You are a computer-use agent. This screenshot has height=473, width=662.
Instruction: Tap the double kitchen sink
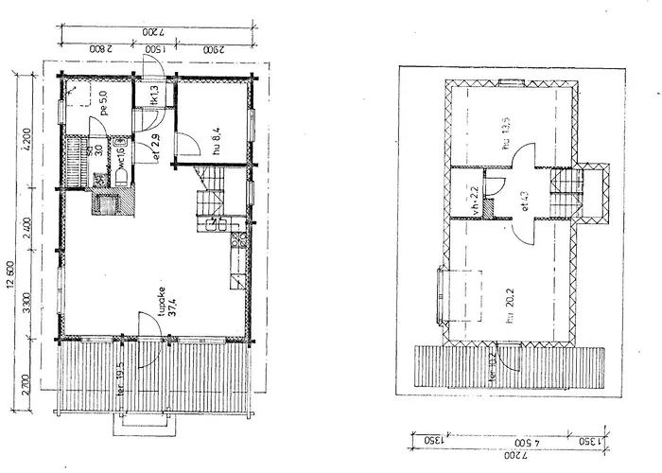click(x=215, y=225)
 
